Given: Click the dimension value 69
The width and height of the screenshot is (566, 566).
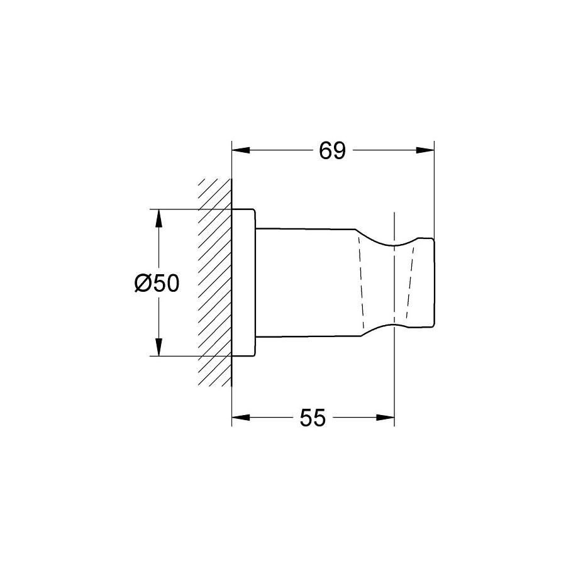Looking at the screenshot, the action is click(x=332, y=150).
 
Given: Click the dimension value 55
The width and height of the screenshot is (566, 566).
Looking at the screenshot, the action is click(x=313, y=418).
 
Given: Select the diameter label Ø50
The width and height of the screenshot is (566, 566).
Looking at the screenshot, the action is click(x=157, y=282).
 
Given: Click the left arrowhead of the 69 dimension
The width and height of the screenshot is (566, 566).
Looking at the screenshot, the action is click(x=241, y=150).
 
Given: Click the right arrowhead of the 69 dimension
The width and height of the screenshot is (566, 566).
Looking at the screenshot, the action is click(x=425, y=150).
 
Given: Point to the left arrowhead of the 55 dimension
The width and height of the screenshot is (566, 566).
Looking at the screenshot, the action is click(x=241, y=418).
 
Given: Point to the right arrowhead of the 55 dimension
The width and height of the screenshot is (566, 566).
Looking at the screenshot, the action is click(x=386, y=418).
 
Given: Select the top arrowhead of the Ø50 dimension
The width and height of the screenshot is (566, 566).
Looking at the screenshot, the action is click(x=158, y=218).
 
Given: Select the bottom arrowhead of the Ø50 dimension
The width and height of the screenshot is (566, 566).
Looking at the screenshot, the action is click(x=158, y=347).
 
